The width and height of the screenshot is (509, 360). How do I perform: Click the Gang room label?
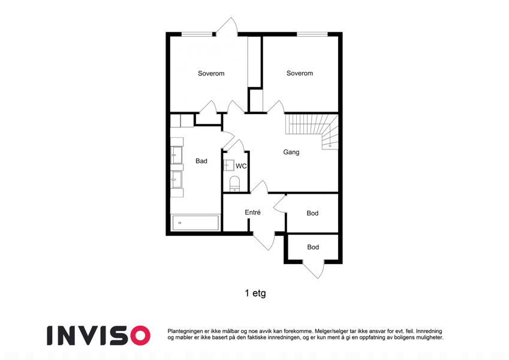tap(291, 152)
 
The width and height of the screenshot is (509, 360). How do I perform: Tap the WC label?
tap(241, 166)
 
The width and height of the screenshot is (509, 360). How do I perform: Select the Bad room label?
tap(201, 161)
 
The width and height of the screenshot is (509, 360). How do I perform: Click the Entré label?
tap(252, 212)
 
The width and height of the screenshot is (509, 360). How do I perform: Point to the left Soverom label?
tap(211, 73)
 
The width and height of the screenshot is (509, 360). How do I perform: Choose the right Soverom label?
tap(300, 73)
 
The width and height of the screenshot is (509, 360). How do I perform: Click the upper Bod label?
tap(312, 213)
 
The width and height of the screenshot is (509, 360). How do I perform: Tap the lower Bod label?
tap(313, 247)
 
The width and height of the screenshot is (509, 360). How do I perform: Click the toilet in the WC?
tap(234, 184)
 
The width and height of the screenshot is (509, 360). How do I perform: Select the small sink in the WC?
tap(228, 166)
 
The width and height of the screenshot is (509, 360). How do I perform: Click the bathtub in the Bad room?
tap(195, 223)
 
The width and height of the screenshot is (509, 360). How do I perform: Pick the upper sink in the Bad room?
tap(177, 155)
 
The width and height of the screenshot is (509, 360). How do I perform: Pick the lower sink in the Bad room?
tap(177, 179)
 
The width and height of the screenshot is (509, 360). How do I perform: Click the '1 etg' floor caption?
tap(255, 293)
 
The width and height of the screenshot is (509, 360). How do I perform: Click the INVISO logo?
tap(98, 335)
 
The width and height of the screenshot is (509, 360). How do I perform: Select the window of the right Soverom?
tap(312, 34)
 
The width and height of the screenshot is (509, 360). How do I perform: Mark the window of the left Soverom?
tap(197, 34)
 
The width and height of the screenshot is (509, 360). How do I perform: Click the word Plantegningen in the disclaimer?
tap(183, 331)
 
